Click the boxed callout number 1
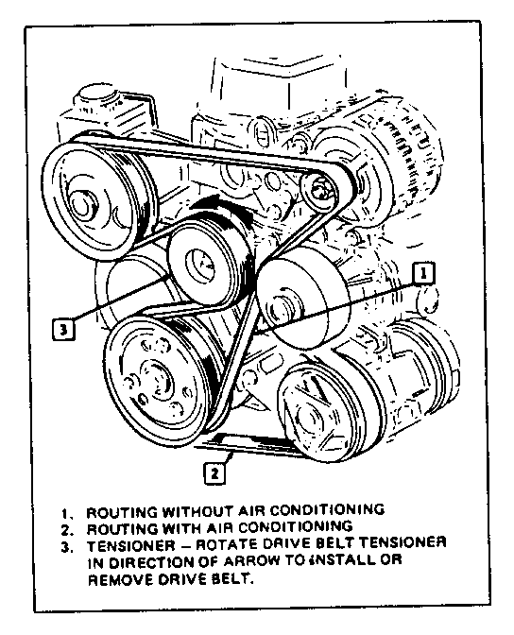(x=423, y=273)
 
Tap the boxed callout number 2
(x=214, y=472)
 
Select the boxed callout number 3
(x=63, y=329)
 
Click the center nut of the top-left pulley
(x=81, y=201)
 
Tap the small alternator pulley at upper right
(x=319, y=190)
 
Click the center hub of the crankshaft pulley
(x=155, y=379)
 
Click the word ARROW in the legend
(x=252, y=561)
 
